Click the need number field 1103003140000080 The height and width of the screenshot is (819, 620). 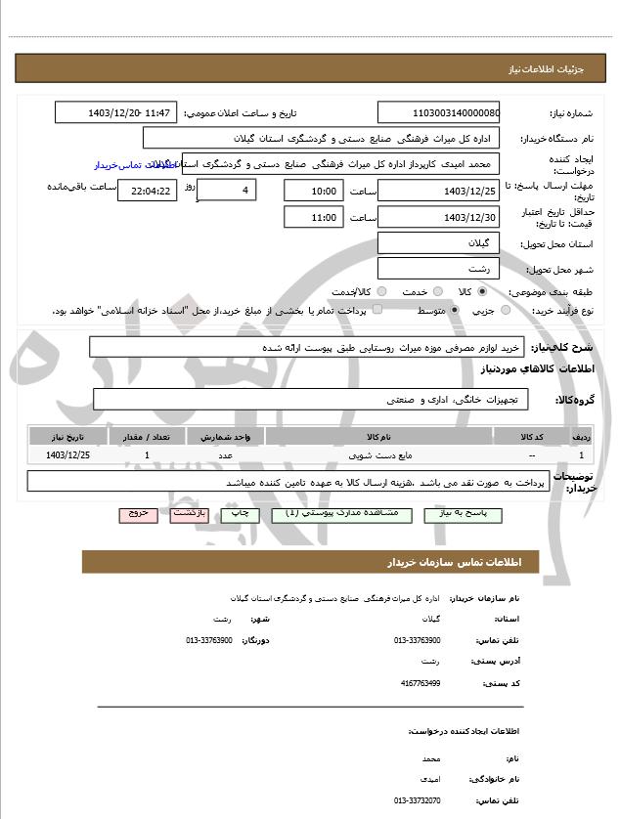pos(438,113)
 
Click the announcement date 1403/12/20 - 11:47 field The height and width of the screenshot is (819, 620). pos(116,113)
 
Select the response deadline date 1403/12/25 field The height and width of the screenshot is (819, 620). pos(438,190)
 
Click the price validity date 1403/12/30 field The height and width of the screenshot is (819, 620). pos(438,217)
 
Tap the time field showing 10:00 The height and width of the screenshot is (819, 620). pos(313,190)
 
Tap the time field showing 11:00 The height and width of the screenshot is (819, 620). pos(313,217)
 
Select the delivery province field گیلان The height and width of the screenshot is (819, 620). pos(438,243)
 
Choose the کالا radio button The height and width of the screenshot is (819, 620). pos(482,291)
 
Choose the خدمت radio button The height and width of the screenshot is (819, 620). pos(436,291)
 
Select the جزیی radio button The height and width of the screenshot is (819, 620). pos(505,310)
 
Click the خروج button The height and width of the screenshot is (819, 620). pos(137,513)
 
